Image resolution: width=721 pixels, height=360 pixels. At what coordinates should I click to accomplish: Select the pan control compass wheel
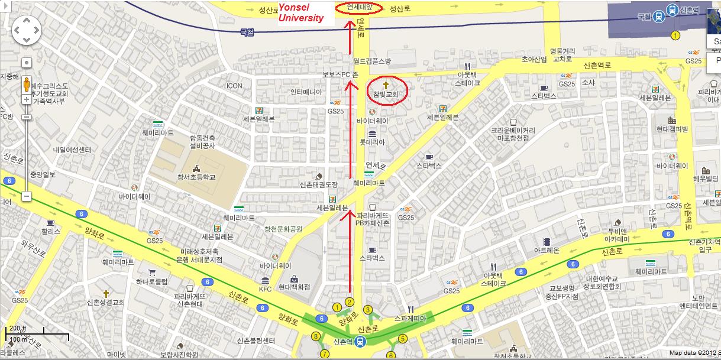coord(27,30)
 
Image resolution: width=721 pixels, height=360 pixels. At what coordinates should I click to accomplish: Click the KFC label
coord(265,289)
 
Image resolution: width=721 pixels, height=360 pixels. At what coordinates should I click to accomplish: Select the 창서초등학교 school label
coord(196,177)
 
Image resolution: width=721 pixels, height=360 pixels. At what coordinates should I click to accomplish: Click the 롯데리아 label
coord(372,142)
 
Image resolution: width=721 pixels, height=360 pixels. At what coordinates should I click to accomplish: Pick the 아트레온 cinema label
coord(547,250)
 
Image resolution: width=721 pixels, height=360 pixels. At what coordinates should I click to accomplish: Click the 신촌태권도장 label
coord(319,184)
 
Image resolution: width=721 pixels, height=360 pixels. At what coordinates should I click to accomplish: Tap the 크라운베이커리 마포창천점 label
coord(513,134)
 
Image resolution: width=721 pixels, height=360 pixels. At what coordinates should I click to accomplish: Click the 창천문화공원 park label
coord(283,229)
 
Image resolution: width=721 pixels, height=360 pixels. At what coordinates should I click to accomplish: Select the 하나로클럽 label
coord(152,281)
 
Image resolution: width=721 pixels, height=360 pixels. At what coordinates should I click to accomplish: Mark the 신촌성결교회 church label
coord(106,302)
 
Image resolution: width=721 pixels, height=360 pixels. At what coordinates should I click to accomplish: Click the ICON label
coord(234,86)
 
